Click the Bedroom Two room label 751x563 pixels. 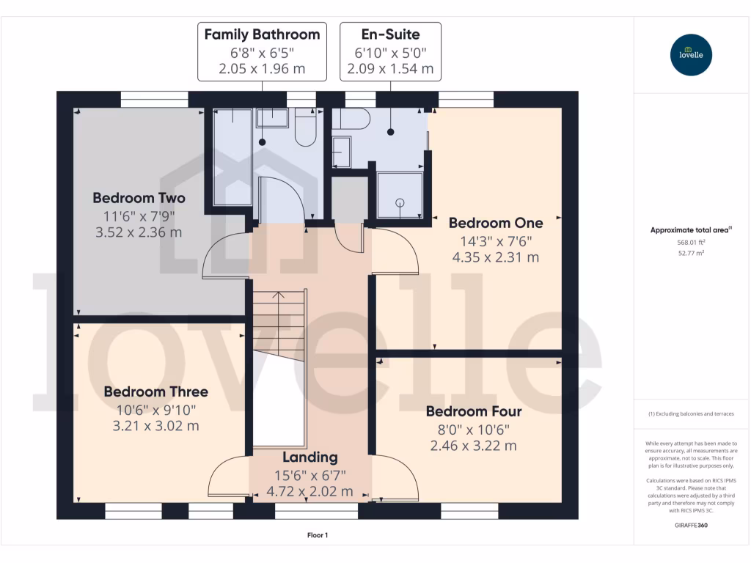coord(139,198)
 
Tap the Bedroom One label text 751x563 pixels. coord(496,223)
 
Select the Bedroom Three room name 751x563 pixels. coord(155,391)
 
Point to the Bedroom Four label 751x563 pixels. coord(474,411)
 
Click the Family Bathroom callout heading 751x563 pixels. coord(262,34)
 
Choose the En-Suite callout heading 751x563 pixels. coord(390,34)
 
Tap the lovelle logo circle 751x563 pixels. coord(692,55)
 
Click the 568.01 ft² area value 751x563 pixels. coord(692,243)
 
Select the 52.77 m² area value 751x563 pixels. coord(692,252)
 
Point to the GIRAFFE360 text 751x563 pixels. coord(692,526)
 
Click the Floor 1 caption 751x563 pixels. coord(318,536)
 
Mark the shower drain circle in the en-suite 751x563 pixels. coord(400,202)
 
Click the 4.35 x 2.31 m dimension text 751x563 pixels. coord(496,257)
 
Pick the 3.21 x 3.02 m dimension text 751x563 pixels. coord(155,426)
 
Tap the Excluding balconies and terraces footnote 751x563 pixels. coord(692,414)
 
